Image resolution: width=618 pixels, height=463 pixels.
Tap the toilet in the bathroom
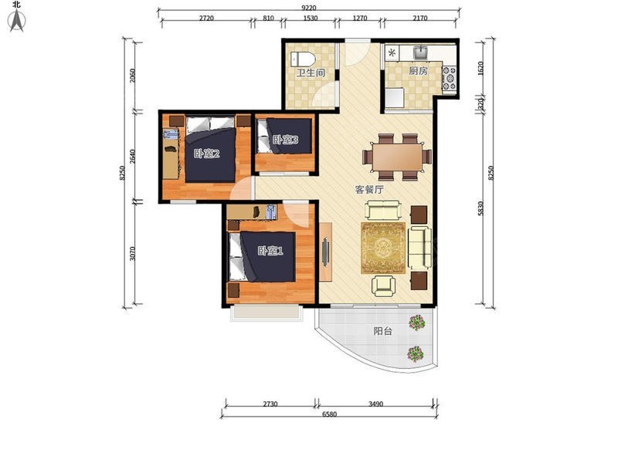coord(303,59)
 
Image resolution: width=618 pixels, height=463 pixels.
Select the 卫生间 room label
coord(311,73)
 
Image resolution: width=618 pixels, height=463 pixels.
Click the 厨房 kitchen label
coord(418,71)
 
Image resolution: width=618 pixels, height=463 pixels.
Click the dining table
coord(397,157)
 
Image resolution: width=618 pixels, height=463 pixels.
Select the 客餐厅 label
coord(369,190)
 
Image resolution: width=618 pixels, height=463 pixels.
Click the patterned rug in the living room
coord(383,248)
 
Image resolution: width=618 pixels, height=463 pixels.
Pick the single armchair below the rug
coord(383,286)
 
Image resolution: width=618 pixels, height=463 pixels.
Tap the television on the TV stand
coord(325,252)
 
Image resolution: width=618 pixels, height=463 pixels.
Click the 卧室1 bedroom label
coord(270,251)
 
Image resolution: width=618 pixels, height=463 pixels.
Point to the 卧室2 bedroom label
coord(206,154)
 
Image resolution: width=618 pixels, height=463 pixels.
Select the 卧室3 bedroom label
coord(286,140)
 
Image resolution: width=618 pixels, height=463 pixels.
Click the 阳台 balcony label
coord(382,331)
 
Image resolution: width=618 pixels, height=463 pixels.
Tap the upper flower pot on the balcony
coord(417,323)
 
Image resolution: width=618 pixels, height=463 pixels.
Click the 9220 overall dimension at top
coord(308,8)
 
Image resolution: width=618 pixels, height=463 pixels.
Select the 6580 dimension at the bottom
coord(330,414)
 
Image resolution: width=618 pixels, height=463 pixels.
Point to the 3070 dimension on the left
coord(133,254)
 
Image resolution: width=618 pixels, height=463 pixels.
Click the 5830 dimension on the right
coord(480,208)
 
